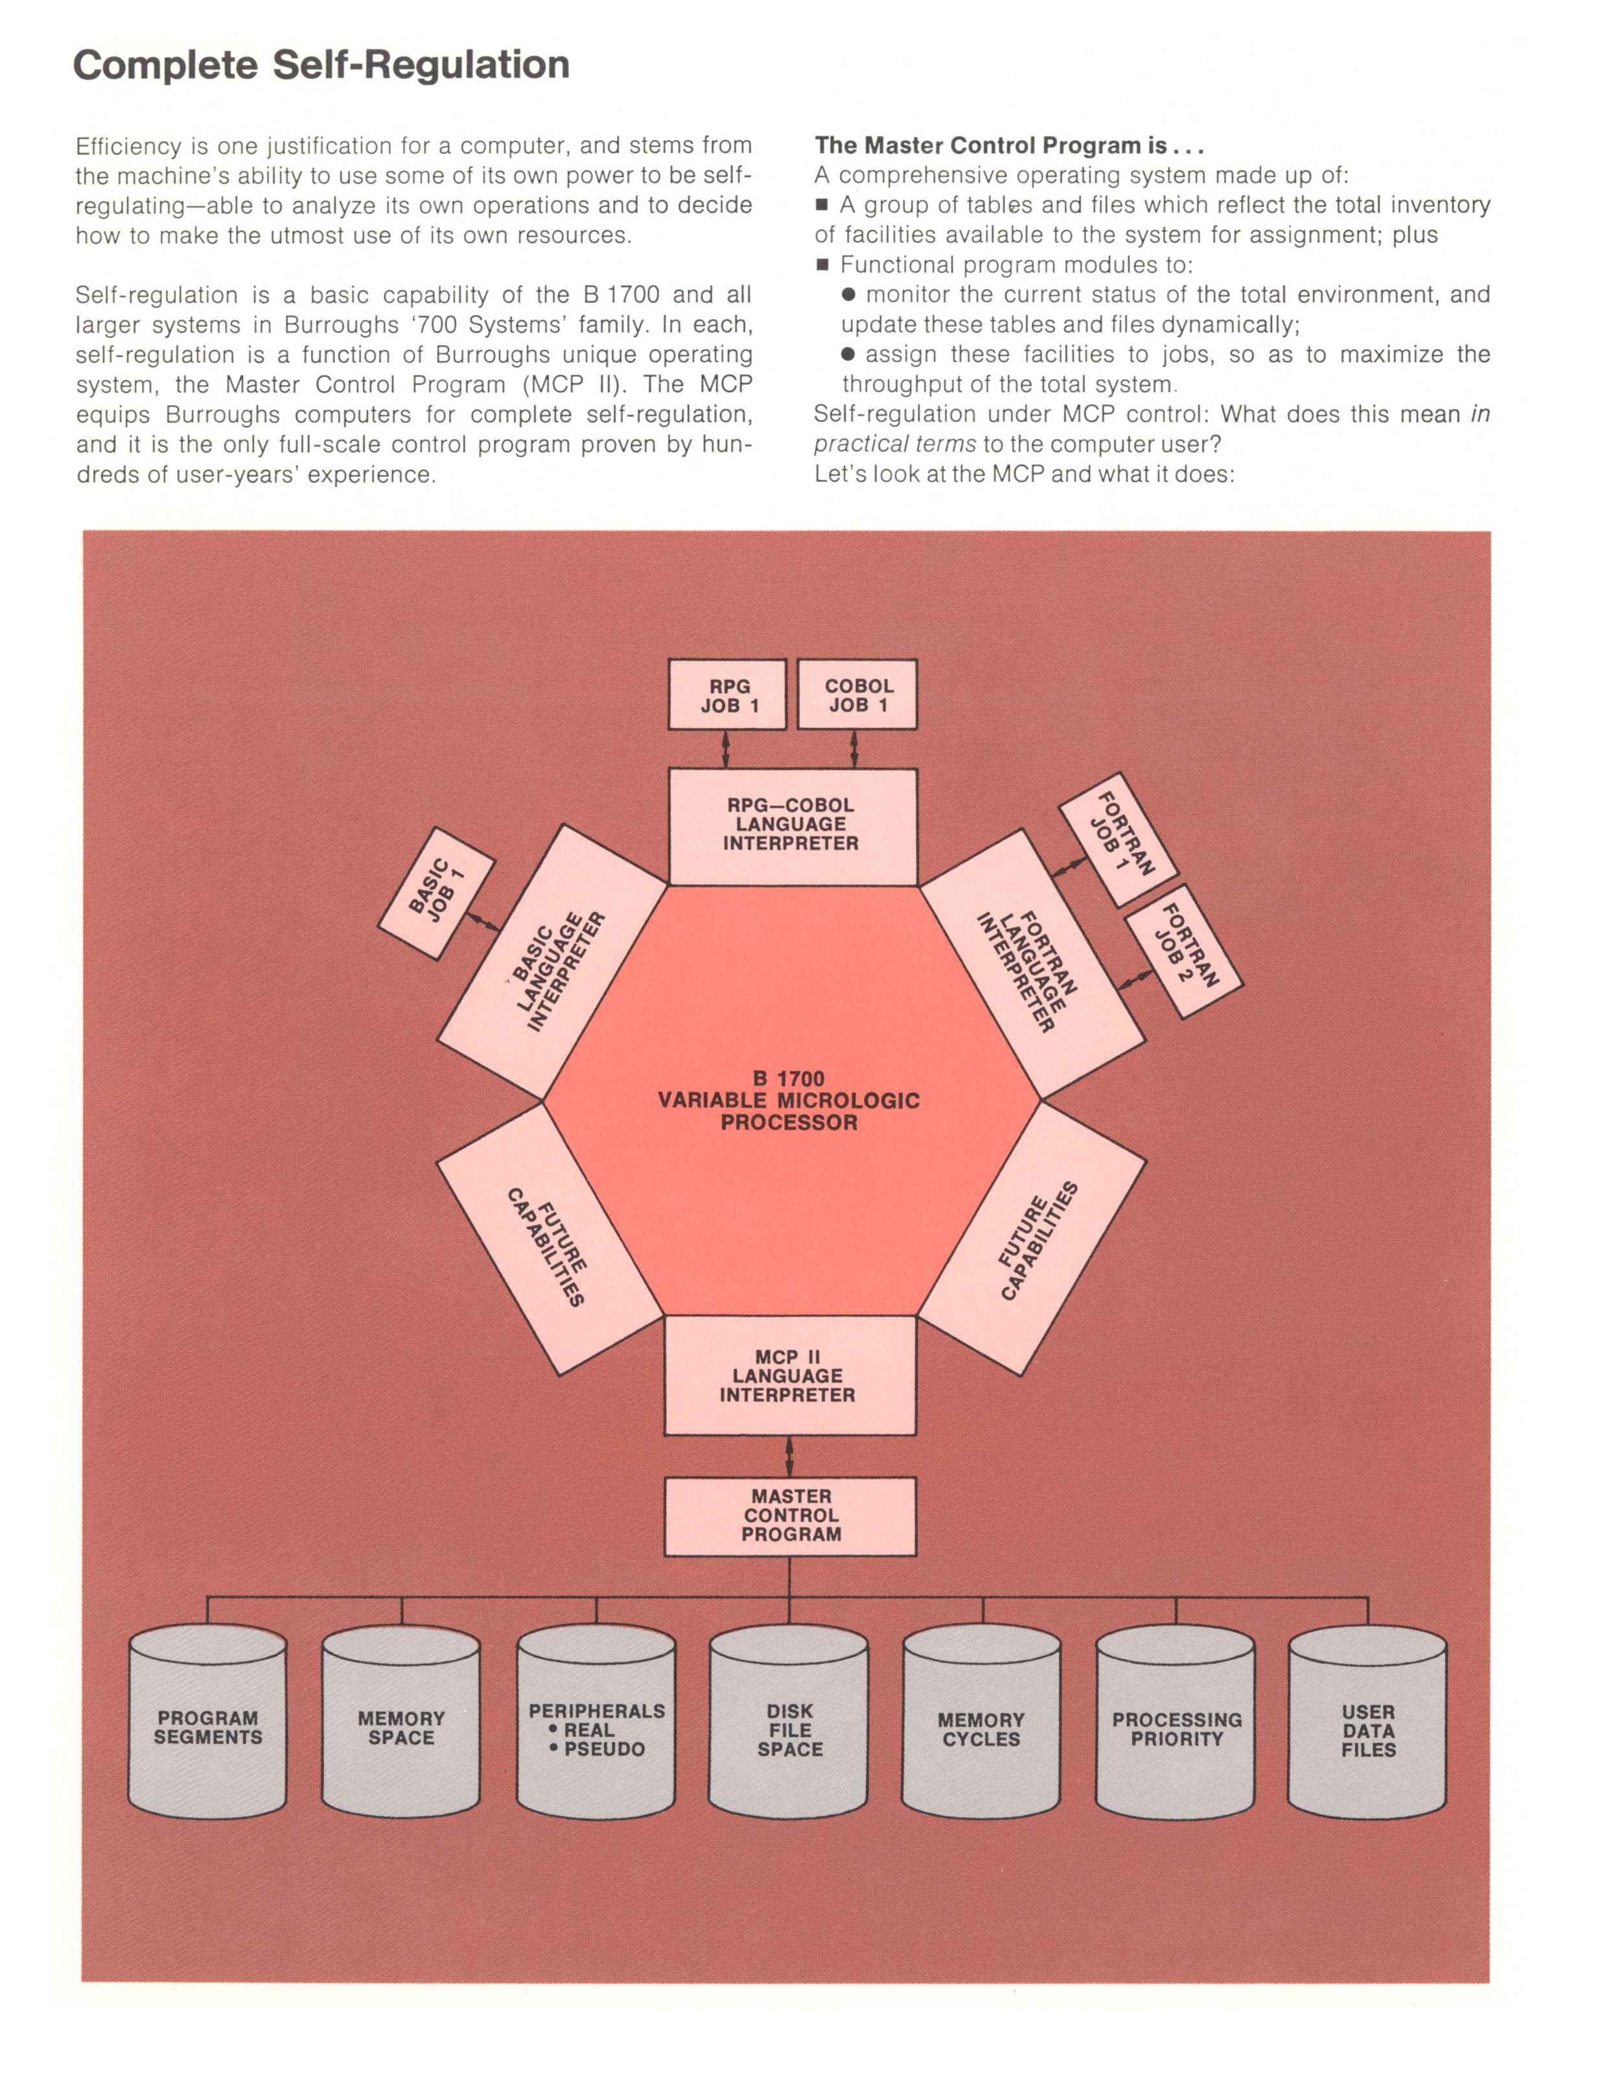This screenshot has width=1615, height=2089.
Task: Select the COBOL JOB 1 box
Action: point(857,695)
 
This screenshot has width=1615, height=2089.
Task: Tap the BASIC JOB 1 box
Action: point(437,893)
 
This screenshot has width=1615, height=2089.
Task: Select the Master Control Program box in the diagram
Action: point(790,1515)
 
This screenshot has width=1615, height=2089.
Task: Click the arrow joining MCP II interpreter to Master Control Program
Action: point(789,1456)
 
